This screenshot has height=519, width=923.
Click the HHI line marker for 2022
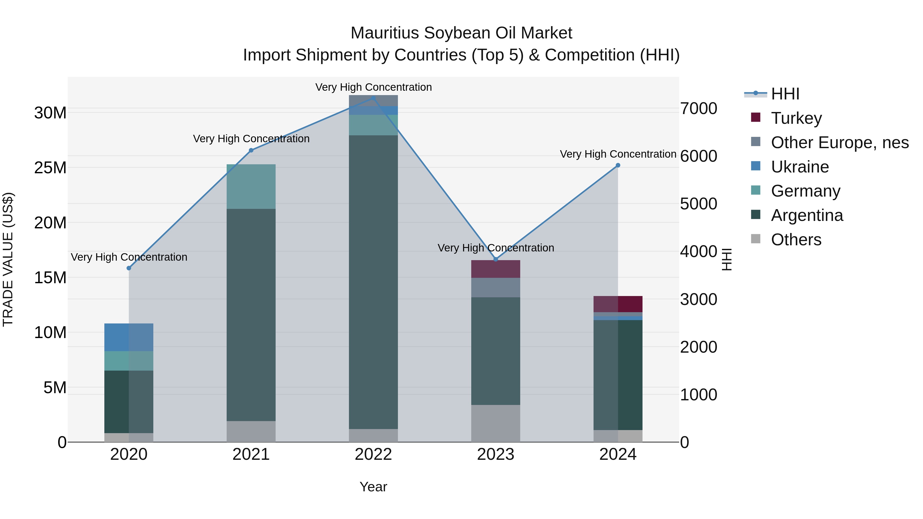[x=373, y=98]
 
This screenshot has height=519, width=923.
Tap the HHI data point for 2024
[x=618, y=166]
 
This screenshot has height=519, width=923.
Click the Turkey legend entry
[x=796, y=118]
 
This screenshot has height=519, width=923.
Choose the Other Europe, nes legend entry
[x=839, y=142]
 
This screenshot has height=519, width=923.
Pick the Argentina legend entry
[x=807, y=215]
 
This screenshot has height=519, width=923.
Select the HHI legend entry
[x=785, y=94]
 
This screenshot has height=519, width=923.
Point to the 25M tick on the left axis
[x=50, y=168]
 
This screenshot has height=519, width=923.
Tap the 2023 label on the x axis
[x=496, y=454]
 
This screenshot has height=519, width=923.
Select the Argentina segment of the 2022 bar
[x=373, y=282]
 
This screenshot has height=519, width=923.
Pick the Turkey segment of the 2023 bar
[x=496, y=269]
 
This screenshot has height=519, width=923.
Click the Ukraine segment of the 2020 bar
[x=129, y=337]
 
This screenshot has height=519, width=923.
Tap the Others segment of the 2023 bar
[x=496, y=423]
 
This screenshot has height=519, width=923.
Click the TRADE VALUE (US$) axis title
[x=8, y=259]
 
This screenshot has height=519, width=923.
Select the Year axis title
[x=373, y=487]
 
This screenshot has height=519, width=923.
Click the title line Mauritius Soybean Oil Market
[x=461, y=33]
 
